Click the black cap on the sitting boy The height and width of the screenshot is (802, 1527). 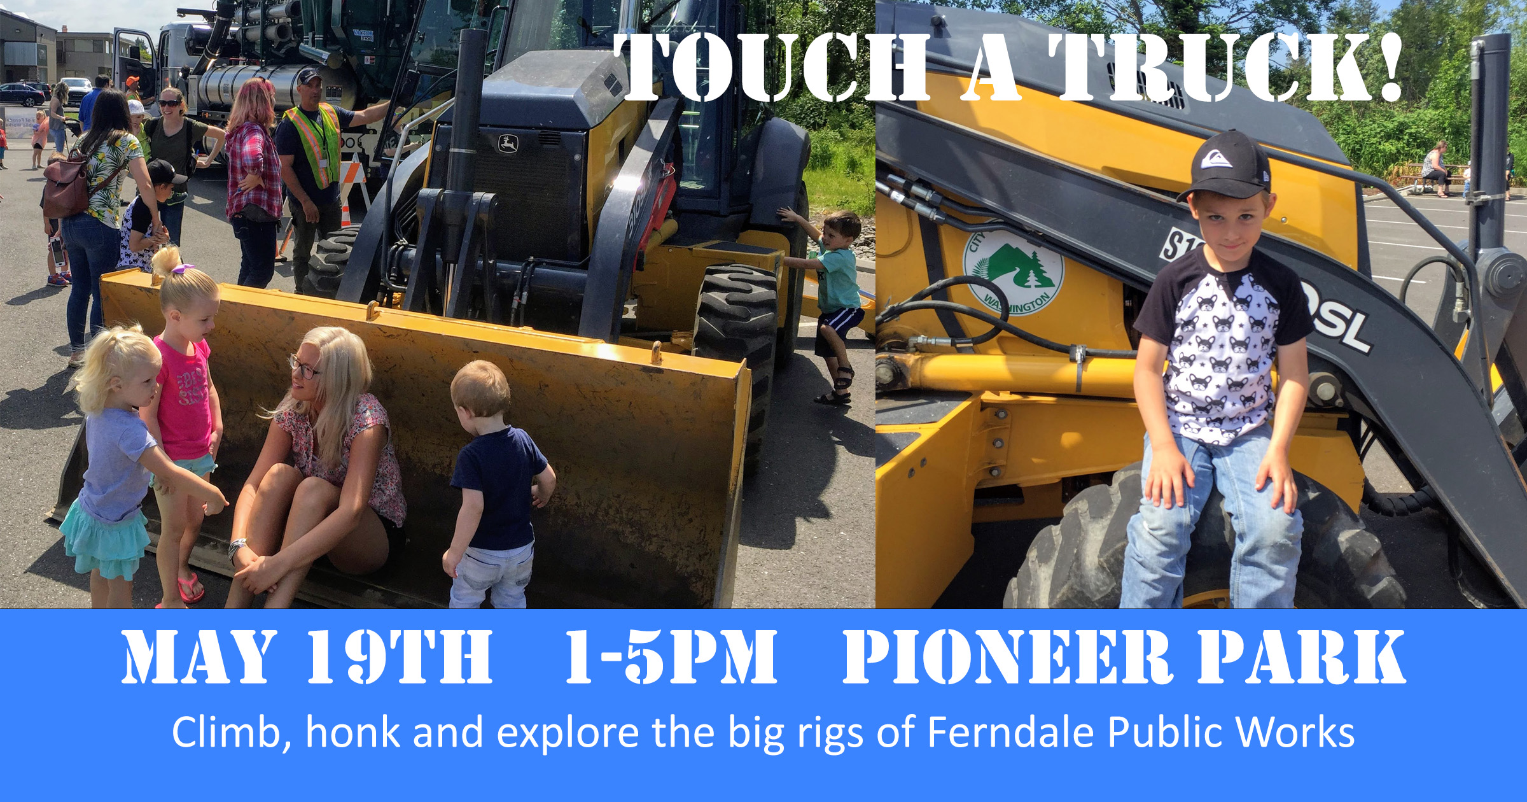click(1224, 166)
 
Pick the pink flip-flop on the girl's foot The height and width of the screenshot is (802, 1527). click(190, 587)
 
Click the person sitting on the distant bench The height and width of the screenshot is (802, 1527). click(1435, 168)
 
